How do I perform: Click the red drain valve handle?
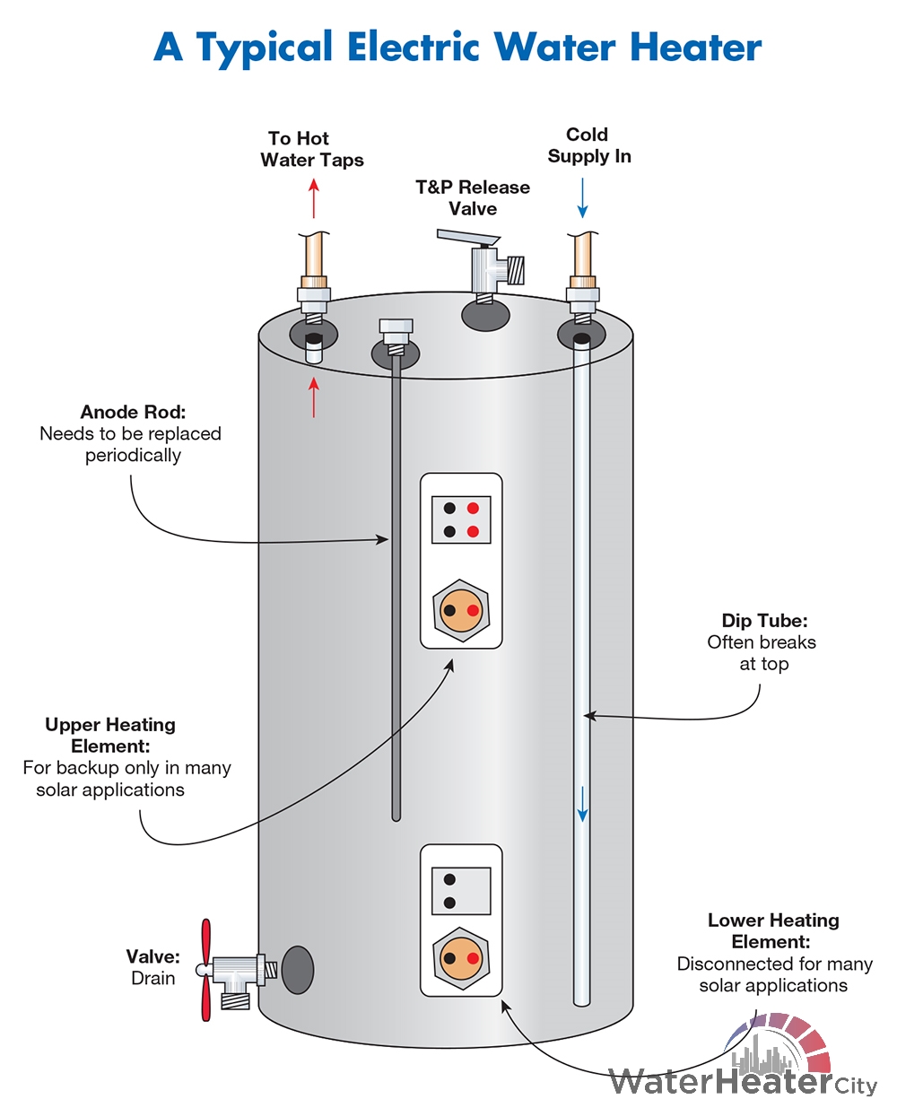[206, 970]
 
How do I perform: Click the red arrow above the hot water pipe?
[314, 198]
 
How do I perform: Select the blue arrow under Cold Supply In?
[582, 198]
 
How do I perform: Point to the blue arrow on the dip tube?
[583, 804]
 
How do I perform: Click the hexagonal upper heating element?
[461, 610]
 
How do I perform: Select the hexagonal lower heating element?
[461, 958]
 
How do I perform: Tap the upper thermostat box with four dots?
[461, 519]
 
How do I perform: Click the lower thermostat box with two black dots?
[461, 891]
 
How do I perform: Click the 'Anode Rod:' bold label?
[133, 412]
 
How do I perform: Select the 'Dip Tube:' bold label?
[764, 621]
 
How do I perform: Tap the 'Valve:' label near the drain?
[152, 956]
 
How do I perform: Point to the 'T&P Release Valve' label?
[473, 197]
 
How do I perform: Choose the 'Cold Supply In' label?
[589, 145]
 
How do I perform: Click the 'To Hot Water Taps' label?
[312, 149]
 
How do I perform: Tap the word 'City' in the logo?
[856, 1086]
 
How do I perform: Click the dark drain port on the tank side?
[298, 970]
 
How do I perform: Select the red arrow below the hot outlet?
[314, 397]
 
